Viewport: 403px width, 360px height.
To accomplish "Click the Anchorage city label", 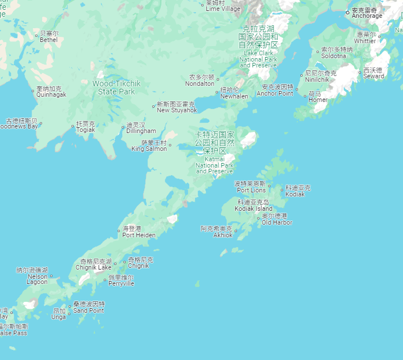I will point(367,13).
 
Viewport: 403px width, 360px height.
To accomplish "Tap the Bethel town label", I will point(48,37).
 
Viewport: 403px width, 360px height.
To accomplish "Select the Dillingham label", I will point(141,128).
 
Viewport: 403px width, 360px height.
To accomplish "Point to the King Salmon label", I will point(149,146).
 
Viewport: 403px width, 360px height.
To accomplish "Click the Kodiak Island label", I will point(253,206).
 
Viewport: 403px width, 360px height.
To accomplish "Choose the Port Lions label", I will point(251,187).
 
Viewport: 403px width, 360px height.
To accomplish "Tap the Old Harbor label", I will point(277,219).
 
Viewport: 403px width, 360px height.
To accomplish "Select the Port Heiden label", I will point(138,232).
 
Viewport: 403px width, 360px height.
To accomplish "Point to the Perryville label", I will point(121,281).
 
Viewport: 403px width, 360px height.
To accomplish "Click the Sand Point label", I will point(89,307).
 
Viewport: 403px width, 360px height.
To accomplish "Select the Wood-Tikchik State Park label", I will point(116,88).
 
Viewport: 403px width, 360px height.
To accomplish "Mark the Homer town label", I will point(315,97).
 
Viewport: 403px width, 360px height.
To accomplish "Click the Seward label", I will point(374,73).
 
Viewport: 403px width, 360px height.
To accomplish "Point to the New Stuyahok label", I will point(176,107).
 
